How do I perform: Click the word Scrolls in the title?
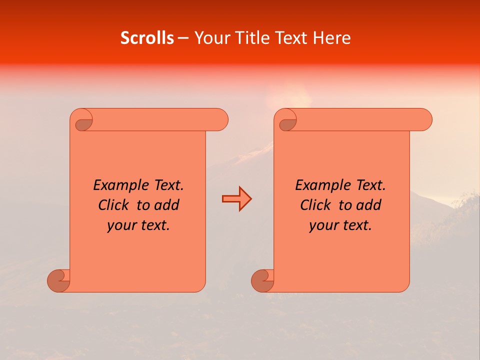click(x=147, y=38)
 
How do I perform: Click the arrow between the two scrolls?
click(x=236, y=198)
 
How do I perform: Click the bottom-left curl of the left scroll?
click(x=59, y=280)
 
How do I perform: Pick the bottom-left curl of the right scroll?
click(x=262, y=280)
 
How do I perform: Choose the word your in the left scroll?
click(x=121, y=225)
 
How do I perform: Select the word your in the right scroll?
click(x=323, y=225)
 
